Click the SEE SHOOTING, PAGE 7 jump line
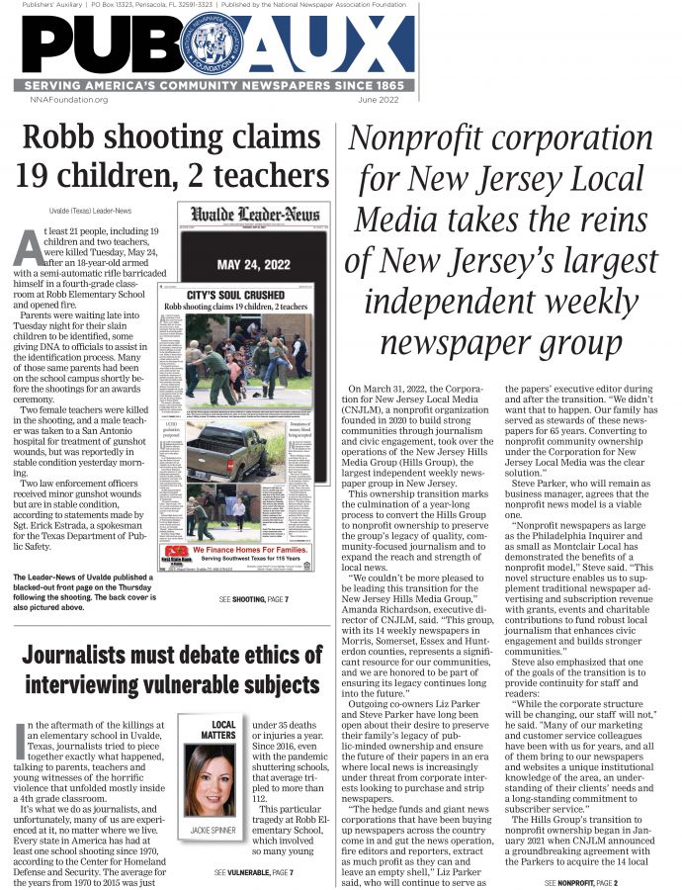256,600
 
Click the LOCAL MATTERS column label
223,730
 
